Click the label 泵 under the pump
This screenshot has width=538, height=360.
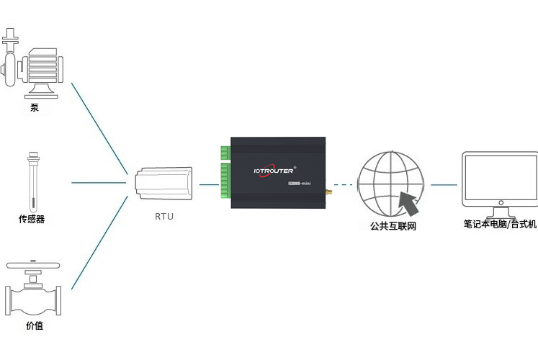pyautogui.click(x=35, y=108)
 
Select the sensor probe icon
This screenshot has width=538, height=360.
pyautogui.click(x=32, y=180)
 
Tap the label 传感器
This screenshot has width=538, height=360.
pyautogui.click(x=32, y=219)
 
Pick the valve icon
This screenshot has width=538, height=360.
pyautogui.click(x=34, y=288)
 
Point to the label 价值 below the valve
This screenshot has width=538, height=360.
pyautogui.click(x=34, y=326)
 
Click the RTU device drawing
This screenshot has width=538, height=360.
pyautogui.click(x=164, y=184)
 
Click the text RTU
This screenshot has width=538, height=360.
pyautogui.click(x=164, y=215)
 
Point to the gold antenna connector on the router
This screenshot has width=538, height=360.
pyautogui.click(x=328, y=192)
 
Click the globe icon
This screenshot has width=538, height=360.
pyautogui.click(x=391, y=184)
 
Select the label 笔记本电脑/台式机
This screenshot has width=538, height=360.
pyautogui.click(x=501, y=225)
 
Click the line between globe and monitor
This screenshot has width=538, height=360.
pyautogui.click(x=444, y=184)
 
